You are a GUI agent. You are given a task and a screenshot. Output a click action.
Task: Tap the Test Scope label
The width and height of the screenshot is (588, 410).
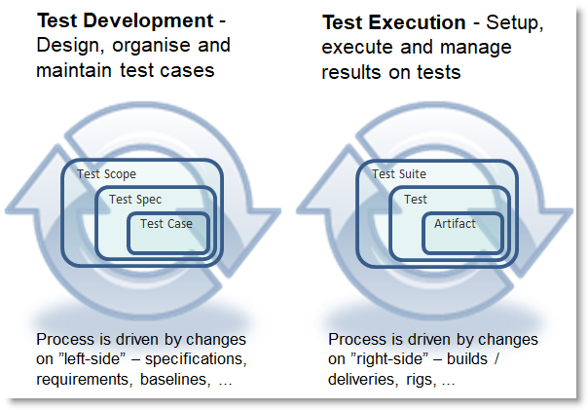click(x=106, y=174)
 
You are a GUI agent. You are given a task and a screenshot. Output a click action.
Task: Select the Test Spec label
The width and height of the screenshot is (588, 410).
click(x=134, y=200)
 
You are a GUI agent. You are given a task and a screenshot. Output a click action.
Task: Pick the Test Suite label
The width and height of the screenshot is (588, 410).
click(x=399, y=174)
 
